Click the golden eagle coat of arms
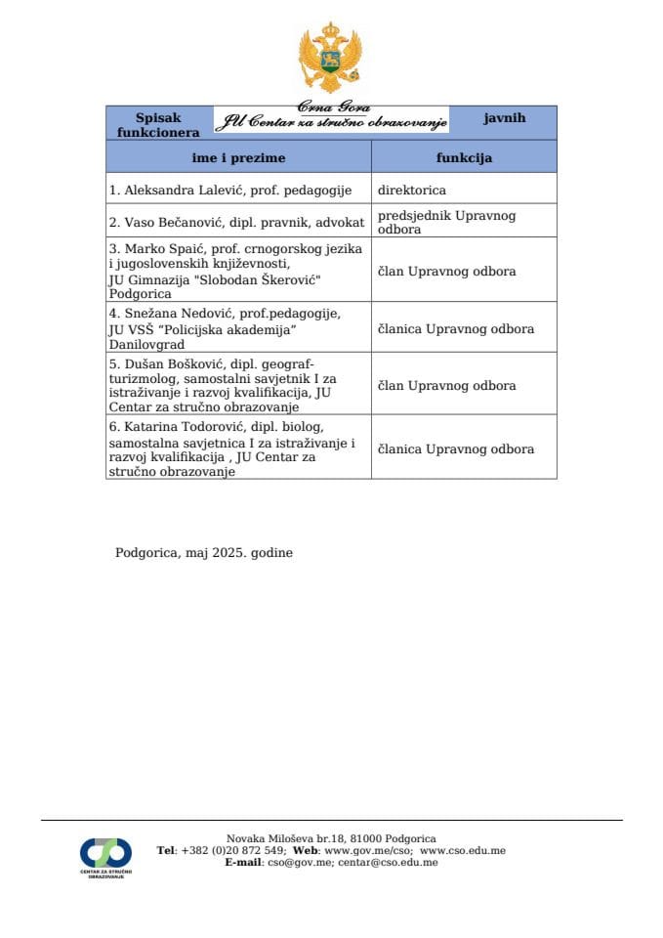[330, 58]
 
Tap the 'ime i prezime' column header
[238, 156]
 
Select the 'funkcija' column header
[464, 156]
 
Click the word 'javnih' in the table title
[504, 118]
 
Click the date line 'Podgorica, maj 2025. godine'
[204, 552]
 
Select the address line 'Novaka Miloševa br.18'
[331, 838]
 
